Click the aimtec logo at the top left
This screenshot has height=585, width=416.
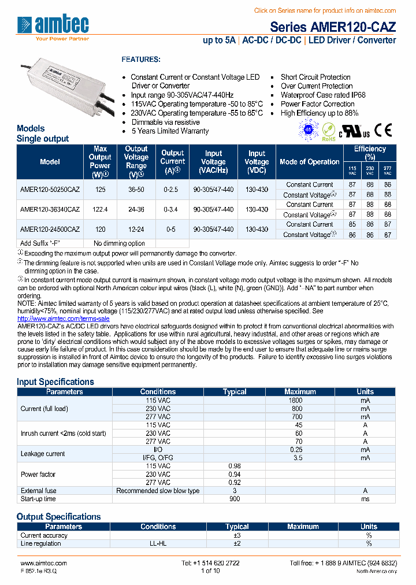point(53,26)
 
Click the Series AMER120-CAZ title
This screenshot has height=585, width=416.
point(333,27)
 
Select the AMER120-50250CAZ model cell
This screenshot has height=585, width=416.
point(50,190)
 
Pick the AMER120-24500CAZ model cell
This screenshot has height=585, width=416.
point(50,229)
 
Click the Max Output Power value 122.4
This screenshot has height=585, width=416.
point(100,209)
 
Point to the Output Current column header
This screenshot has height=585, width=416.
point(172,162)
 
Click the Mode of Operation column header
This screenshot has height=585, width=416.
point(309,162)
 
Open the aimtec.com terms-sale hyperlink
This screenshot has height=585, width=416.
point(63,319)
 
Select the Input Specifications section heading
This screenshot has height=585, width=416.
point(55,382)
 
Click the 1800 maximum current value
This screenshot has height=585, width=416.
point(295,400)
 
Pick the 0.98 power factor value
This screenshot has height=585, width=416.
point(234,466)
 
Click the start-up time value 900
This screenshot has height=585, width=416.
point(234,499)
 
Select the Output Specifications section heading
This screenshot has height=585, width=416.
point(58,517)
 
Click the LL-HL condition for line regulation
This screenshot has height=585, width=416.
point(158,543)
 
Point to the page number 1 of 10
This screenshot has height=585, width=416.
point(210,571)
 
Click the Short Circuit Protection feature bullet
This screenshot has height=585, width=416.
point(315,77)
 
